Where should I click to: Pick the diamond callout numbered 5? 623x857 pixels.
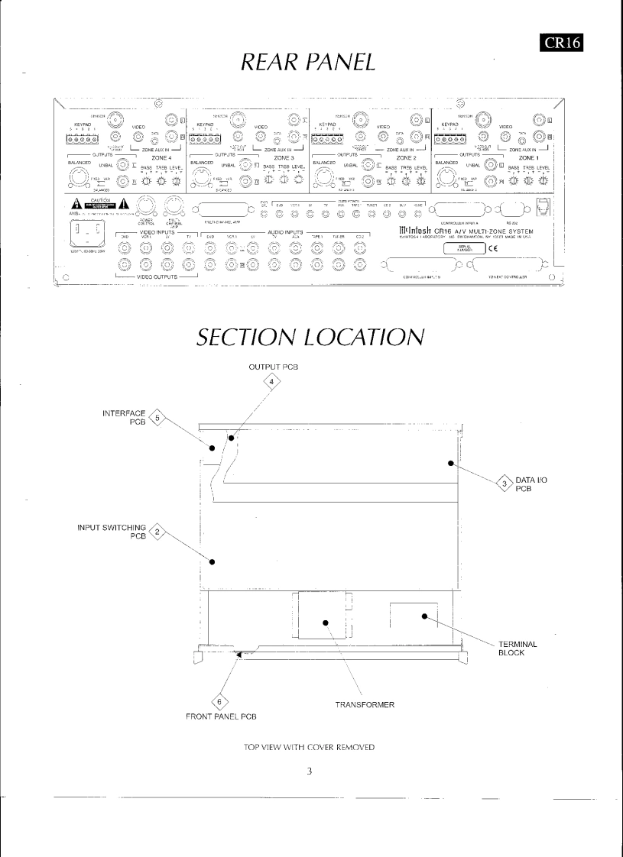157,419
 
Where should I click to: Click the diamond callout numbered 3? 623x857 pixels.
505,482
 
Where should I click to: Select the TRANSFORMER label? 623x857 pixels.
365,704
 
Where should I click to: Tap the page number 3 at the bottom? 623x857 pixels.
310,771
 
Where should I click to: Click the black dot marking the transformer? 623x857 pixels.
326,622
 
